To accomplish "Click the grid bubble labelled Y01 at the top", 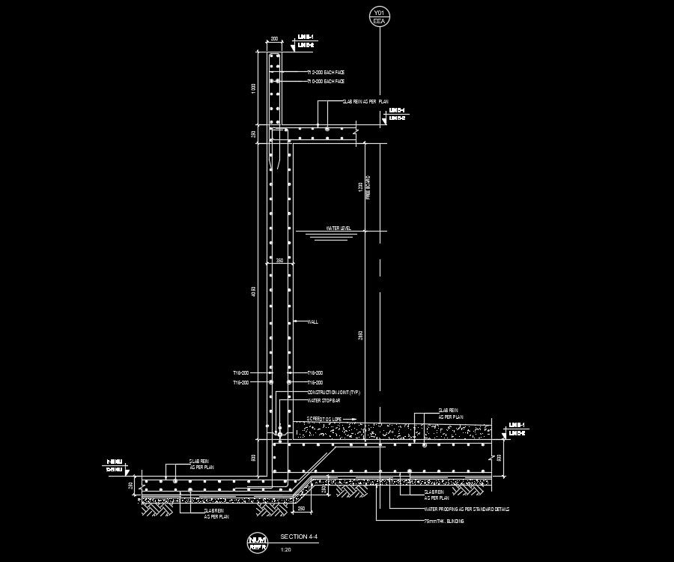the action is point(379,17).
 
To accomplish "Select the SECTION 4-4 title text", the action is point(294,537).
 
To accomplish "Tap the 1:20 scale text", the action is point(285,550).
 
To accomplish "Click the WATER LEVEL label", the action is point(338,228).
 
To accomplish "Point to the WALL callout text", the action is point(313,322).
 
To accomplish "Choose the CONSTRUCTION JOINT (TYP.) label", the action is point(333,392).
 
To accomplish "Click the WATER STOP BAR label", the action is point(324,401).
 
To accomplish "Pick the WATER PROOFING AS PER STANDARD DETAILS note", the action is point(466,509).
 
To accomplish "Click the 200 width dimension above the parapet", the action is point(274,37).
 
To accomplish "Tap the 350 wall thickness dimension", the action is point(279,261).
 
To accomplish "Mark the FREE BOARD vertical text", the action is point(368,188).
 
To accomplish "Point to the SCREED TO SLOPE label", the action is point(330,419).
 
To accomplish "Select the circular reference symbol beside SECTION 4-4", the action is point(258,542).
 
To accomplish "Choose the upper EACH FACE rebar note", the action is point(328,72).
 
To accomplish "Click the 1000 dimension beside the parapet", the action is point(253,88).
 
